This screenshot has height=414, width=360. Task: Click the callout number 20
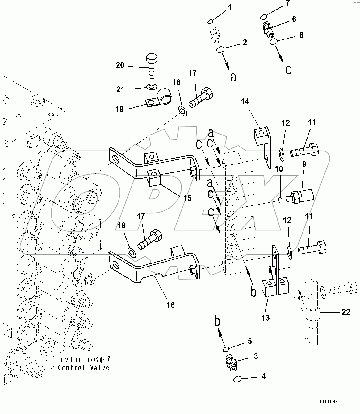120,65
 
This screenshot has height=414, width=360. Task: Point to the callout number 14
245,101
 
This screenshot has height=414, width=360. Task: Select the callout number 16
170,305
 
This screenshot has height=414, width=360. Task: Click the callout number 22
346,312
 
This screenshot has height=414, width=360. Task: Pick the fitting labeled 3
230,362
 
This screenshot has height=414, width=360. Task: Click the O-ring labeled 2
220,49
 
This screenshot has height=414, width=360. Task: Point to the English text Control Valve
84,368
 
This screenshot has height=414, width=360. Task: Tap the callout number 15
187,198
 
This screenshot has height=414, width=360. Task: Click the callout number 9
304,164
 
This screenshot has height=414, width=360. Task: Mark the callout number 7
287,3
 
